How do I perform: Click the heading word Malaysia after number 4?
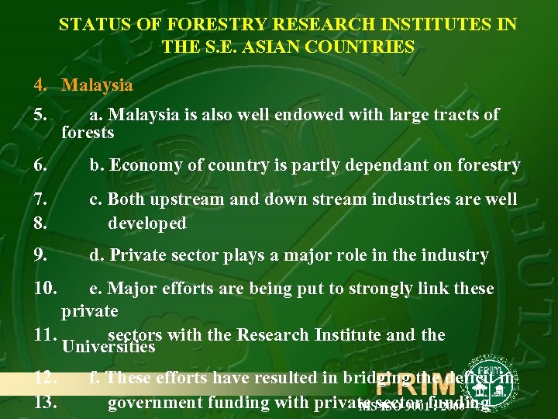point(98,85)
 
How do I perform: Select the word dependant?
point(339,164)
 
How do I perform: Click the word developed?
point(147,223)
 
